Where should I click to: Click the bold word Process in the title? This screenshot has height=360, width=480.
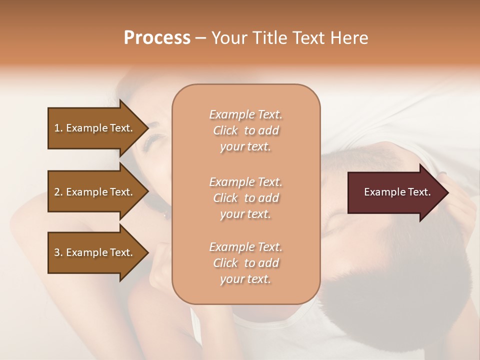157,38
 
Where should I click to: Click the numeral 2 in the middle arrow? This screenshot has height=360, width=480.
56,192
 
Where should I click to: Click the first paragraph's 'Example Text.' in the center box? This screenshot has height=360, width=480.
245,114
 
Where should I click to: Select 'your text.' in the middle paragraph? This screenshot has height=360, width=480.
245,214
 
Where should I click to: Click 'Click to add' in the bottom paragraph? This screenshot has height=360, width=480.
245,263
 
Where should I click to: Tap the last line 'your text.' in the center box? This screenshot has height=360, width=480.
245,279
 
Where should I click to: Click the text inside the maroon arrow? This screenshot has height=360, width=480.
397,192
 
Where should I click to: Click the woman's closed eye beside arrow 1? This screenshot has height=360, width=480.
152,142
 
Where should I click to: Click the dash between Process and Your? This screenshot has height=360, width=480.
200,38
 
